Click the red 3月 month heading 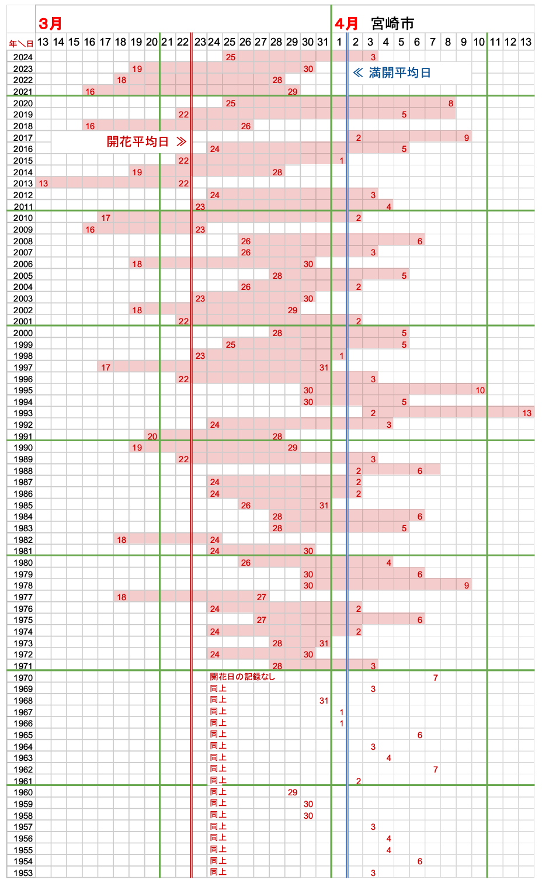[50, 23]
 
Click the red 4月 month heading [346, 23]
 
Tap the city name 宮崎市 [392, 23]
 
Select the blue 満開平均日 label [399, 72]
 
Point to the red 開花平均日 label [138, 141]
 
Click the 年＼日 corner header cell [21, 43]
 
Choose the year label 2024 [23, 57]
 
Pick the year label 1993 [23, 413]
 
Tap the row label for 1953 [23, 873]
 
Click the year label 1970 [23, 678]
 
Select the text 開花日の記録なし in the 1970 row [242, 677]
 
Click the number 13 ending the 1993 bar [527, 413]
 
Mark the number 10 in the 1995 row [480, 390]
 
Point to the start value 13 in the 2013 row [43, 183]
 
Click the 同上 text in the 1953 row [218, 872]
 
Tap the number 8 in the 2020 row [451, 103]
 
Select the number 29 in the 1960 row [293, 792]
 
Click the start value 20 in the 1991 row [152, 437]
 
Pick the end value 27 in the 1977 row [262, 597]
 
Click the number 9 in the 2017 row [467, 138]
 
